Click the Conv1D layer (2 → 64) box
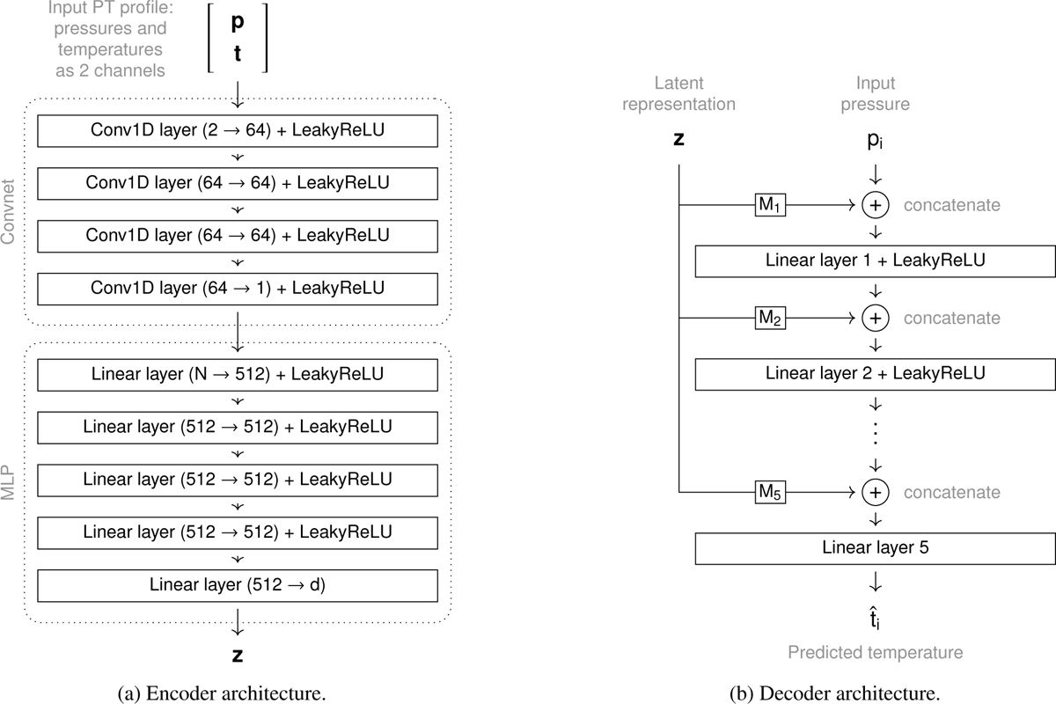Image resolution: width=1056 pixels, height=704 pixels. (238, 132)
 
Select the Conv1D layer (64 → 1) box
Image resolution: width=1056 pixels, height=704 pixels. (238, 288)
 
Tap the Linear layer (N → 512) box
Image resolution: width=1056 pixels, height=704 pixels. (238, 375)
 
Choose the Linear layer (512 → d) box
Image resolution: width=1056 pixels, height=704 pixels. (238, 584)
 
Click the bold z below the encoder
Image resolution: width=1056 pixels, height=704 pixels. (238, 656)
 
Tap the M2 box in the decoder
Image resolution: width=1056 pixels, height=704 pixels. (770, 318)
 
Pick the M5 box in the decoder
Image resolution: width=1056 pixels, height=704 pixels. (770, 493)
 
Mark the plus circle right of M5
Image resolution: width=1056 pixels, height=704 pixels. (876, 493)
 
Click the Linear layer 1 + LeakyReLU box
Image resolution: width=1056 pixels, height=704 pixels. (875, 261)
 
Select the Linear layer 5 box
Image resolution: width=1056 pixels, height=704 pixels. (875, 548)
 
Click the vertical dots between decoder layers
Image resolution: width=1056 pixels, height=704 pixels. (876, 434)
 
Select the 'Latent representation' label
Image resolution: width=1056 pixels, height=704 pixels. (678, 93)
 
